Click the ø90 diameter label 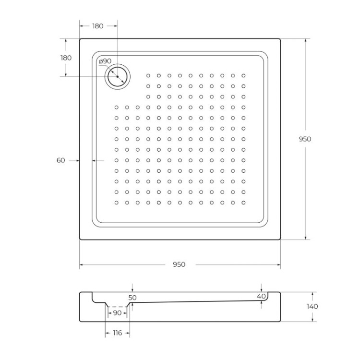click(x=105, y=61)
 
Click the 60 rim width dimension click(x=60, y=161)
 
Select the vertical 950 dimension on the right click(x=305, y=139)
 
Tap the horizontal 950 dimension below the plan click(x=180, y=264)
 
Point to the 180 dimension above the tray click(x=97, y=26)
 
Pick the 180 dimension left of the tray click(x=66, y=58)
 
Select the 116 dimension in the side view click(x=117, y=333)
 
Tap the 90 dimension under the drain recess click(x=117, y=313)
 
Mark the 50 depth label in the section click(x=132, y=298)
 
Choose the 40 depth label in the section click(x=261, y=297)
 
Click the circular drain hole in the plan click(x=117, y=76)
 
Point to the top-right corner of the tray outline click(x=280, y=39)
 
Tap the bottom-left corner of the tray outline click(x=80, y=239)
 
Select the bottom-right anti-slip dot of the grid click(x=244, y=203)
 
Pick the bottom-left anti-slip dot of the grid click(x=117, y=203)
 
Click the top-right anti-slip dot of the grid click(x=244, y=76)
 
